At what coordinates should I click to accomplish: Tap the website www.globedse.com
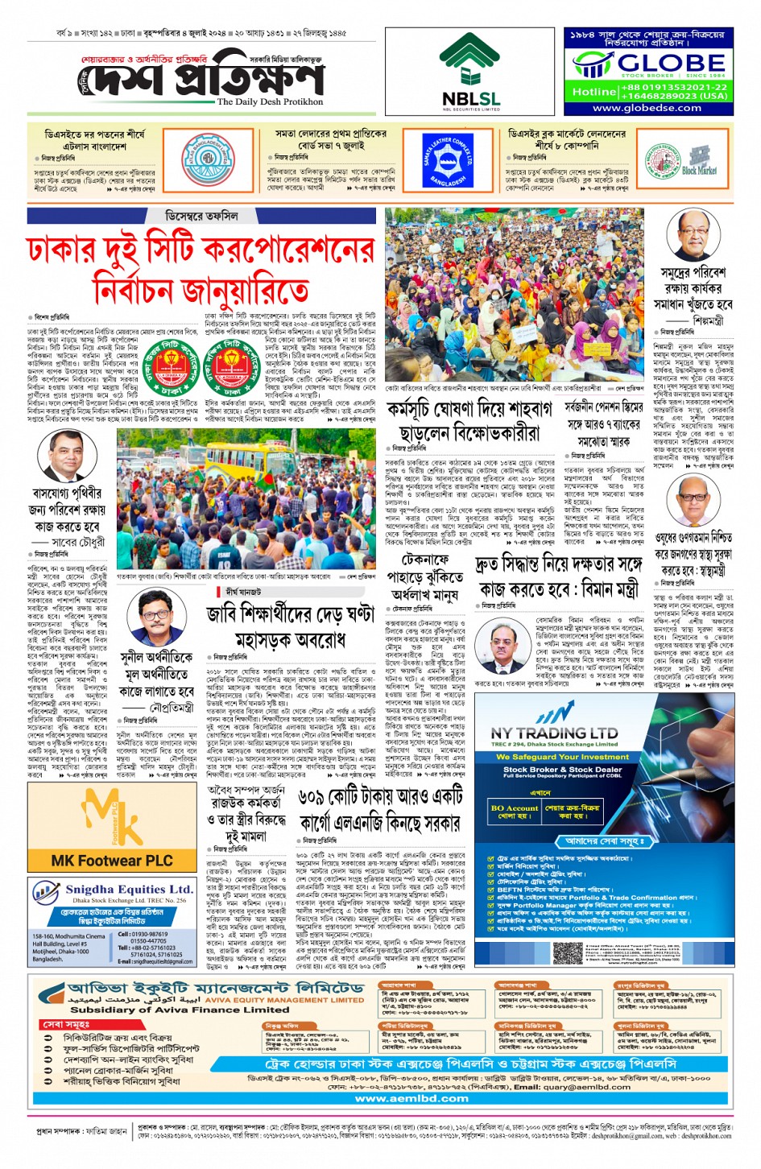[647, 108]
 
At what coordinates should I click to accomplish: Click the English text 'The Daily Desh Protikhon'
[270, 102]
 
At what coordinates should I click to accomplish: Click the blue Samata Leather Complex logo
[447, 159]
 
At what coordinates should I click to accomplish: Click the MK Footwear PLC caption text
[112, 861]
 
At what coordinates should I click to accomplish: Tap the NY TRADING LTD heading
[554, 733]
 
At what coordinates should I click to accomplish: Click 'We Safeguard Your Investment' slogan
[562, 757]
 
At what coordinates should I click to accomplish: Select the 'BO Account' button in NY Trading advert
[514, 808]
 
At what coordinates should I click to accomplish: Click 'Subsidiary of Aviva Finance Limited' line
[168, 1010]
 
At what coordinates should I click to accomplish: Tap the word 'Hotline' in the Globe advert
[593, 91]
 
